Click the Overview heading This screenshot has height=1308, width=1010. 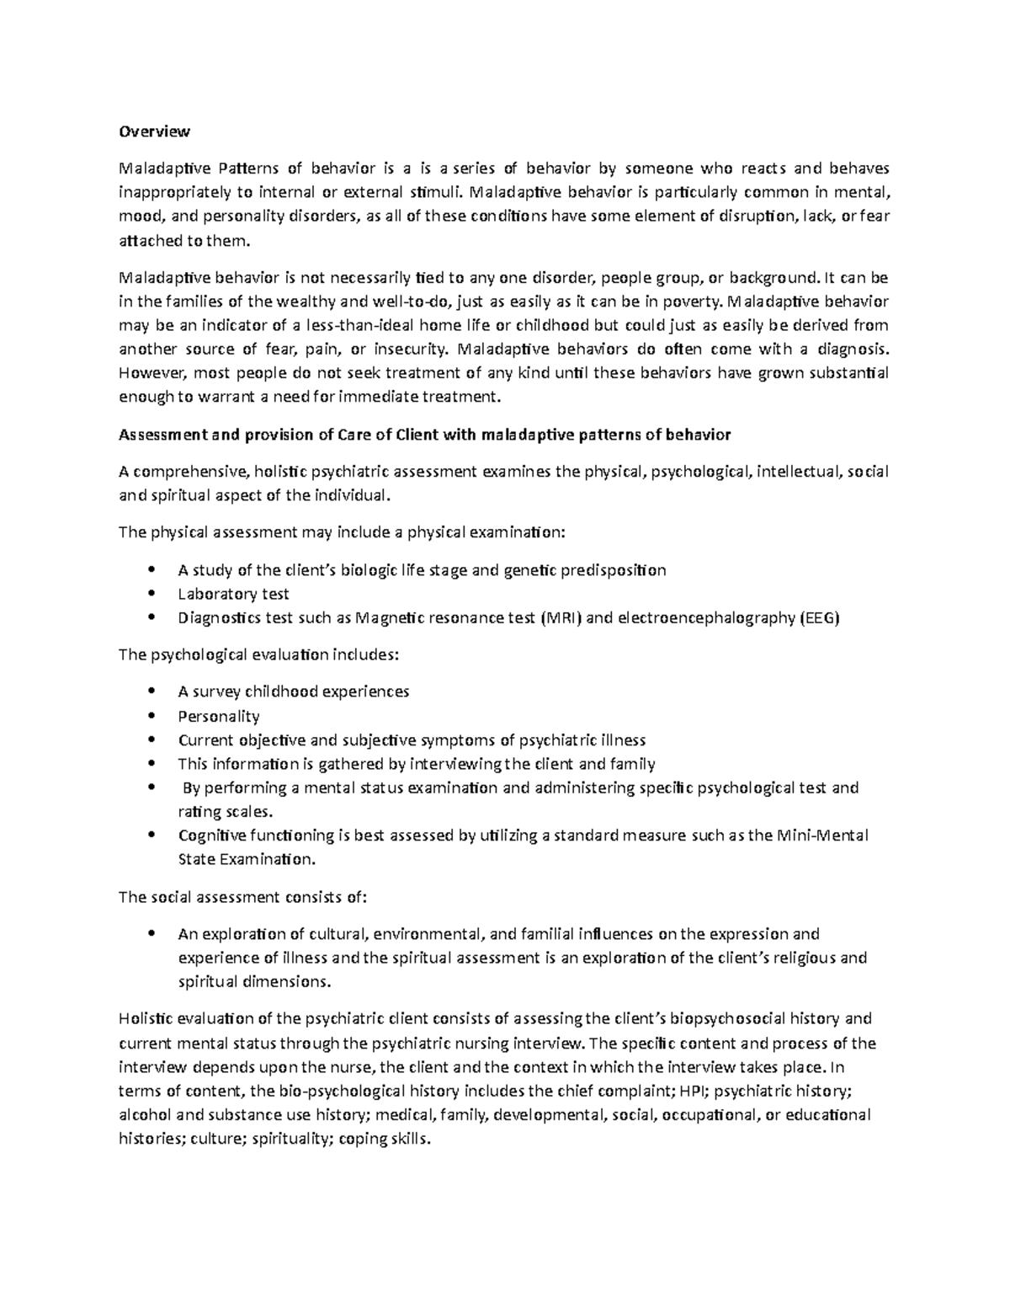tap(154, 131)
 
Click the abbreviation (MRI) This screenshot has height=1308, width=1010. tap(560, 618)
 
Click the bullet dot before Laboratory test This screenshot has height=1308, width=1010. tap(151, 594)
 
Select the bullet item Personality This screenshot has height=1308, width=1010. tap(219, 716)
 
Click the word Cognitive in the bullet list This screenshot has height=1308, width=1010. tap(210, 836)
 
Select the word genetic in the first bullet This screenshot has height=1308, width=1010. tap(529, 570)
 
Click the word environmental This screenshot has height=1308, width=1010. tap(429, 934)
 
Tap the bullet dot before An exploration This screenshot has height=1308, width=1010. tap(151, 934)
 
